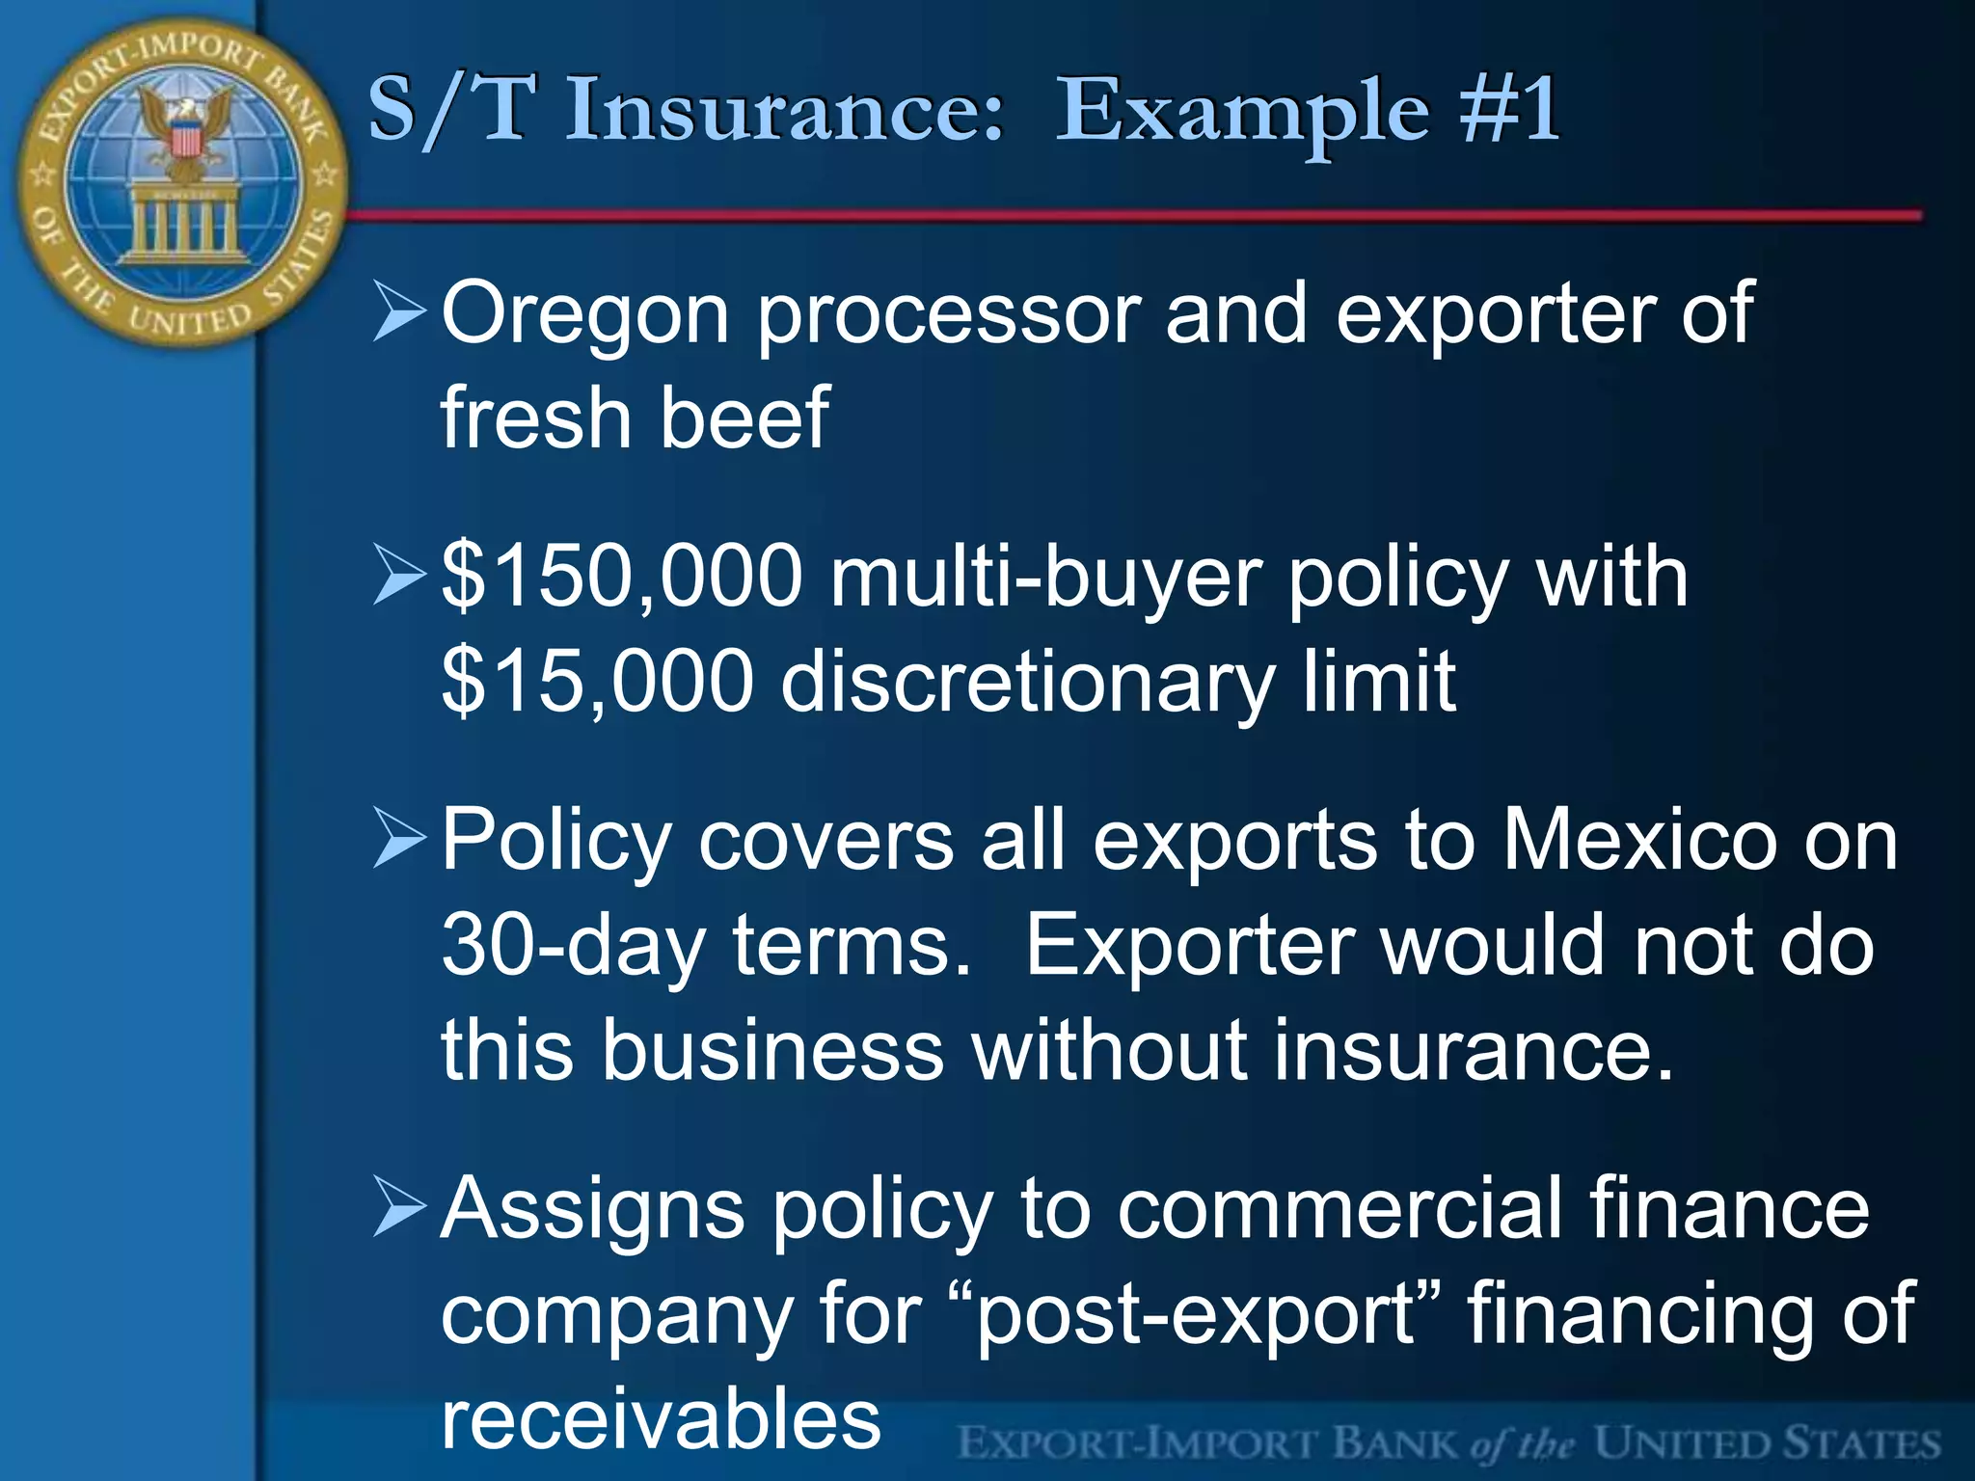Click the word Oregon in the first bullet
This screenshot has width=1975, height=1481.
pyautogui.click(x=584, y=315)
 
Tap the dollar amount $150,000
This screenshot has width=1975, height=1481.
pyautogui.click(x=622, y=578)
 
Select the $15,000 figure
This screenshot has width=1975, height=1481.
pyautogui.click(x=597, y=682)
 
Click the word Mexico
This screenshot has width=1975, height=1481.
pyautogui.click(x=1639, y=841)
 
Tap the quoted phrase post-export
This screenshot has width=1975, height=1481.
pyautogui.click(x=1197, y=1313)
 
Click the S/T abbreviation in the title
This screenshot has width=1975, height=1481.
pyautogui.click(x=447, y=110)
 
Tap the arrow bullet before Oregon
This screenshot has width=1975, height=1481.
pyautogui.click(x=398, y=312)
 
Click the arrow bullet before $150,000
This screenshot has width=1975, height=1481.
pyautogui.click(x=398, y=576)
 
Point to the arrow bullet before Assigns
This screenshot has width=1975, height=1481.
pyautogui.click(x=398, y=1207)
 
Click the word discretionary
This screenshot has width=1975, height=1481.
pyautogui.click(x=1027, y=682)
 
